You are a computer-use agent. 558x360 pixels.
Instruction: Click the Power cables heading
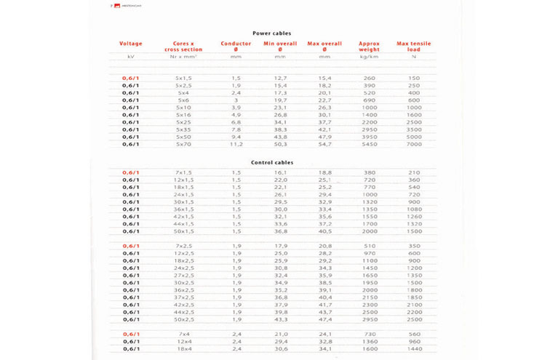[x=271, y=33]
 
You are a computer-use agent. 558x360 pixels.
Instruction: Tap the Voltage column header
[x=131, y=44]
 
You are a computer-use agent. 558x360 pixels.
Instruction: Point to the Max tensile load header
[x=413, y=47]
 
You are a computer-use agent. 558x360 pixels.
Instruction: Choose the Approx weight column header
[x=369, y=47]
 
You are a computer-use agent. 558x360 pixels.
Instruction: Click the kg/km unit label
[x=369, y=56]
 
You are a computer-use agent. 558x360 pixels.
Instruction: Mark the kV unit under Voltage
[x=131, y=56]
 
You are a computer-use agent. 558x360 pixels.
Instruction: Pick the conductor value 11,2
[x=236, y=144]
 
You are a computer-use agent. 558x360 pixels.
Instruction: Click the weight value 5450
[x=369, y=144]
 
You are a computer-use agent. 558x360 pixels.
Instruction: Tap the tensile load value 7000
[x=414, y=144]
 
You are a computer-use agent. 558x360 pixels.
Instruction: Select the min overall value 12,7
[x=281, y=78]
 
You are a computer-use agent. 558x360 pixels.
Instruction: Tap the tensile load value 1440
[x=414, y=349]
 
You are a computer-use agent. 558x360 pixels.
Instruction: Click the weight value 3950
[x=369, y=137]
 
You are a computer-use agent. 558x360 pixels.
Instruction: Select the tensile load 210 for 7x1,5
[x=414, y=172]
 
